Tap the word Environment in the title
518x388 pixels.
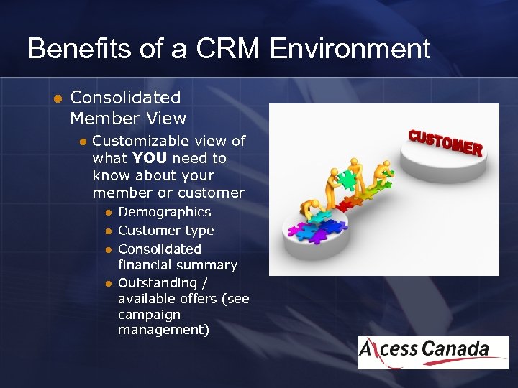click(x=350, y=49)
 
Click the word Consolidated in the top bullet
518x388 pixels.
click(x=125, y=97)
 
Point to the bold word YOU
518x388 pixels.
click(x=150, y=158)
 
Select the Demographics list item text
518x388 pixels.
click(x=164, y=212)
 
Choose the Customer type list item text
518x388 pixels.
click(x=165, y=231)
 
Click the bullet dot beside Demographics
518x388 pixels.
click(x=108, y=213)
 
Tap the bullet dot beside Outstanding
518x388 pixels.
click(x=108, y=284)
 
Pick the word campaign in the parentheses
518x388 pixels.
click(x=149, y=315)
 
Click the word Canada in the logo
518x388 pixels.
click(x=455, y=349)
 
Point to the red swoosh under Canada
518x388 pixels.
click(x=460, y=360)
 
